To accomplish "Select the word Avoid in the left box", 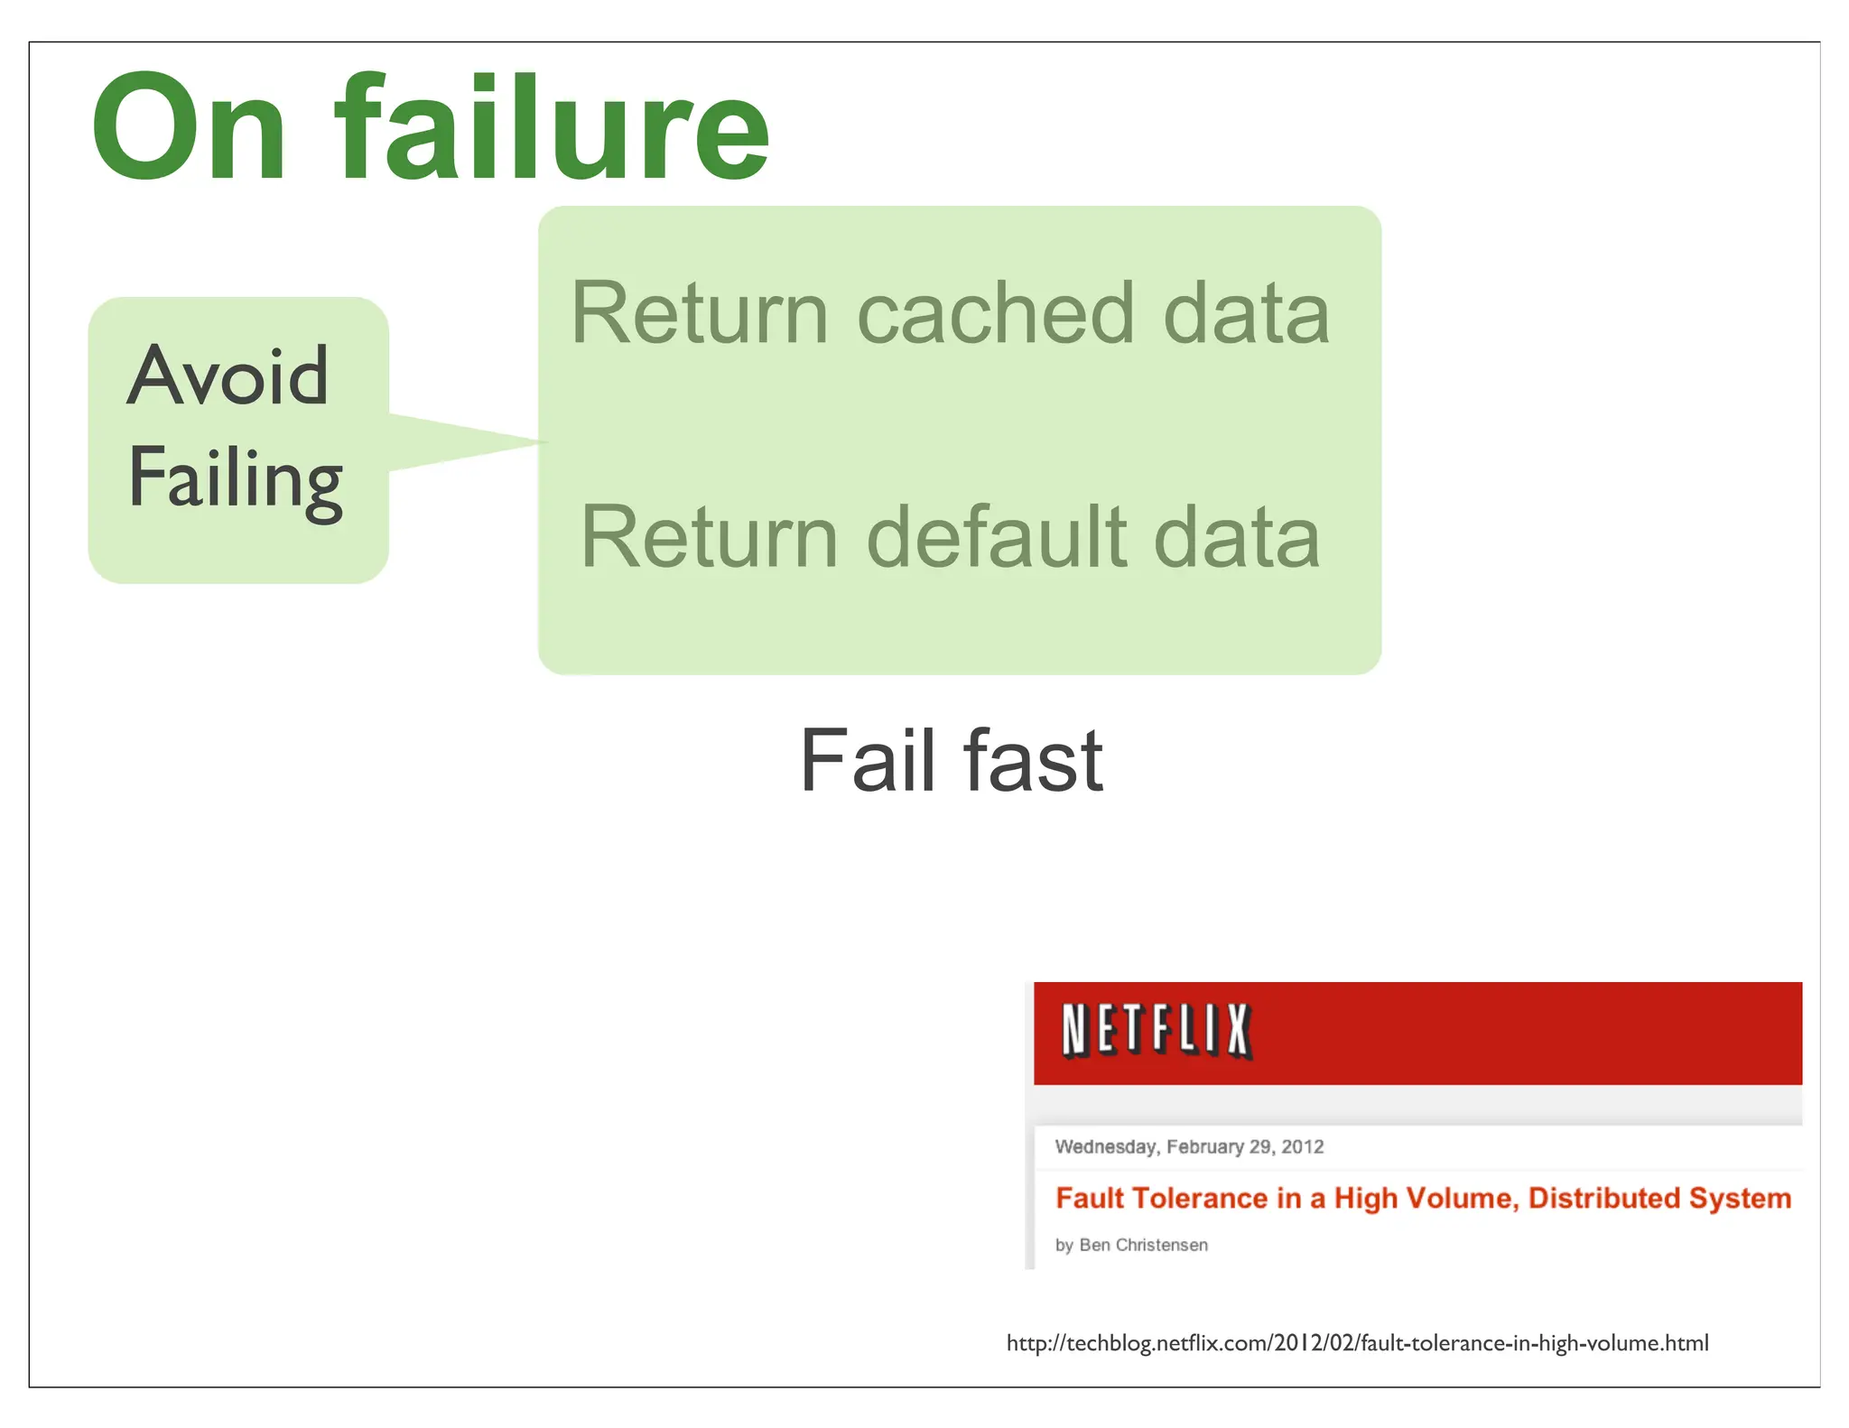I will (228, 376).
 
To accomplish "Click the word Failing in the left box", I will (235, 478).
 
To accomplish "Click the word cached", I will (994, 313).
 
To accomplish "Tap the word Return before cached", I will (699, 313).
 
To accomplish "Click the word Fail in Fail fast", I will (868, 760).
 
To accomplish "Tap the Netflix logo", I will (1157, 1031).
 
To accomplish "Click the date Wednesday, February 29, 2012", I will (1189, 1146).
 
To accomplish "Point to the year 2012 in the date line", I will (1302, 1146).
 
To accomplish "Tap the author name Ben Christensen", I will (1143, 1245).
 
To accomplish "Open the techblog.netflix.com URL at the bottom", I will (1357, 1343).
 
